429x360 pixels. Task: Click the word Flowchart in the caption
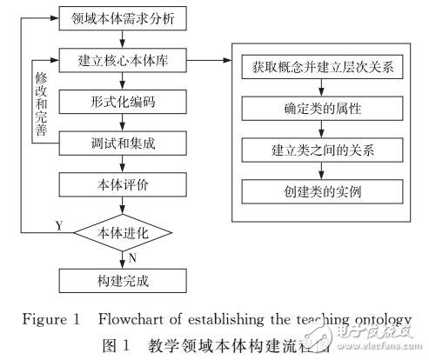pos(122,317)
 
